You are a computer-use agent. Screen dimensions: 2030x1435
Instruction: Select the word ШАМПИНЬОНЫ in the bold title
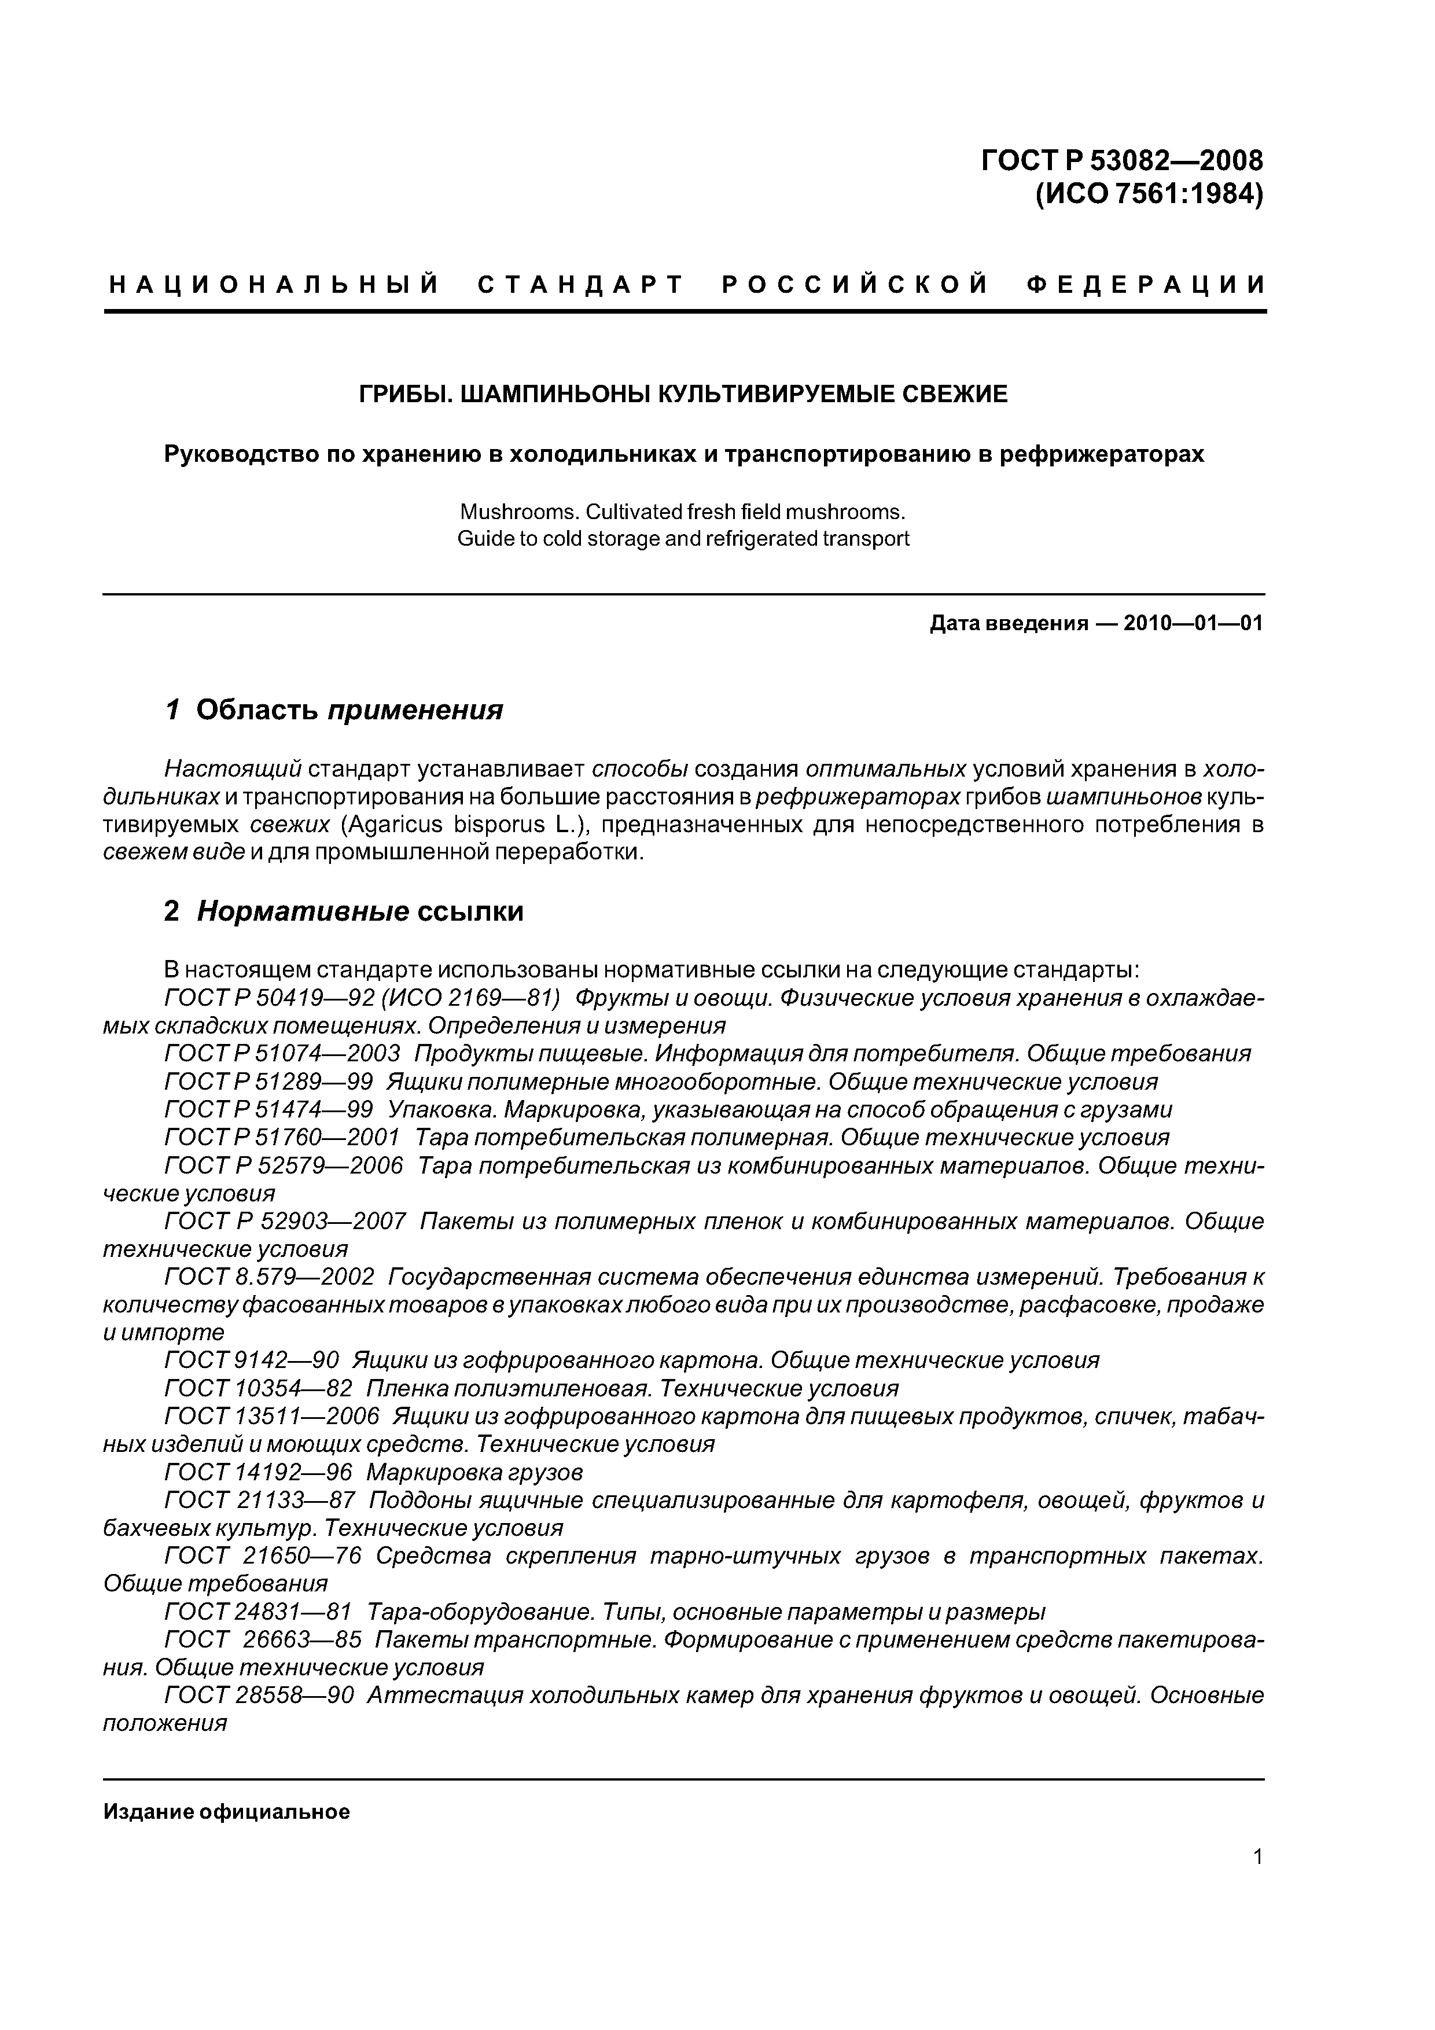pyautogui.click(x=554, y=394)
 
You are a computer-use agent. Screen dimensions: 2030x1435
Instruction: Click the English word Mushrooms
pyautogui.click(x=509, y=512)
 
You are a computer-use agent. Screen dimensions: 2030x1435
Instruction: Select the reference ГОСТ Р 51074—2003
pyautogui.click(x=282, y=1053)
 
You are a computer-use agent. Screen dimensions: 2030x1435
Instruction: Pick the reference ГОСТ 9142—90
pyautogui.click(x=251, y=1360)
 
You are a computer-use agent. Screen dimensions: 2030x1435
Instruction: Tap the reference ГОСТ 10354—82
pyautogui.click(x=258, y=1388)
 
